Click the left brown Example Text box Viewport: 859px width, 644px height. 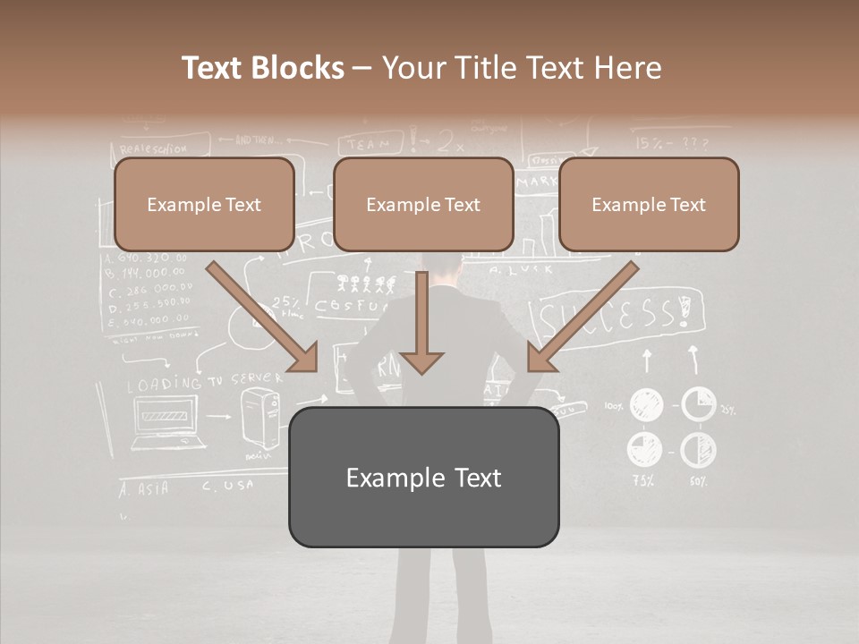click(204, 204)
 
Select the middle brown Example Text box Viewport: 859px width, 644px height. click(423, 204)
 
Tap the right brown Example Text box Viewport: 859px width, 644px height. click(649, 204)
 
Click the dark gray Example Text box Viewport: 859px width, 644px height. click(423, 477)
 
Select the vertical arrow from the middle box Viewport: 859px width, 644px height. click(421, 322)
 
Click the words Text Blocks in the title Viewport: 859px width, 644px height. click(262, 68)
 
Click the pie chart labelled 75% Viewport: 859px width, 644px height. click(644, 448)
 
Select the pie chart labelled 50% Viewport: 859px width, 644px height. click(698, 450)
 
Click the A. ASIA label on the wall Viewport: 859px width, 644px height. click(143, 488)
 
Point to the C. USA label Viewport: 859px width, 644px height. click(227, 486)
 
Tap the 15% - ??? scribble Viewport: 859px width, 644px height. click(671, 142)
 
